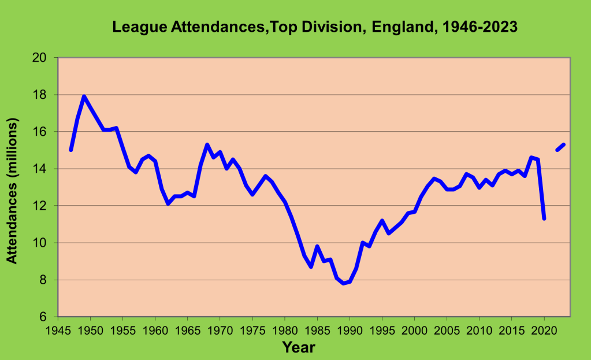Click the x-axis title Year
click(299, 347)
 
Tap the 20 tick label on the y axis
click(40, 58)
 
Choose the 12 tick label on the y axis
click(40, 206)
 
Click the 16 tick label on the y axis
click(40, 132)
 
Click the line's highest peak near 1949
click(84, 97)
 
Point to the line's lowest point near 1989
click(343, 283)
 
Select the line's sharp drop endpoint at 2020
click(544, 218)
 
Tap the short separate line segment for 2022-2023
click(560, 147)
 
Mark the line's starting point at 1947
click(71, 150)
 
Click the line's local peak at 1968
click(207, 144)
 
